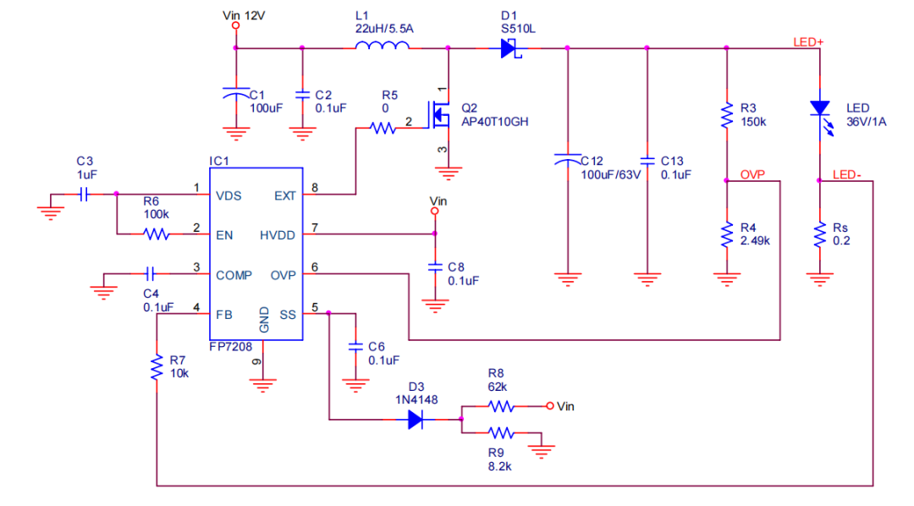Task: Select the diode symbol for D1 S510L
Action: coord(509,48)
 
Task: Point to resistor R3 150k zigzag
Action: coord(726,116)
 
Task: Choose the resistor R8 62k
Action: coord(502,406)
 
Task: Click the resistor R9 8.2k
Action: coord(502,432)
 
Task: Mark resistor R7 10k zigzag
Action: coord(157,367)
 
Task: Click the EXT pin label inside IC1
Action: coord(285,195)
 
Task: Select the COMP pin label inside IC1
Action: coord(233,275)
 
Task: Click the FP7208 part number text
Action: coord(231,347)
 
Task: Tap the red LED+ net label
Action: coord(808,41)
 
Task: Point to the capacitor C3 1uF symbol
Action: coord(83,195)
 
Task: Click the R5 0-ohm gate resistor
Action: coord(383,129)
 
